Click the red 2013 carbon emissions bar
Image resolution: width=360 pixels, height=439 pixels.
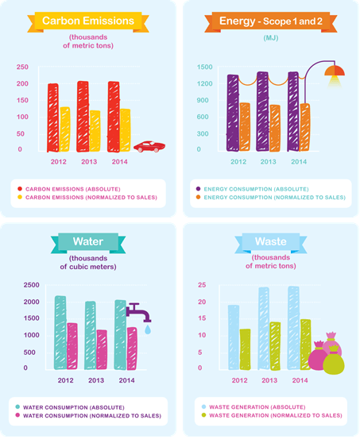(x=83, y=117)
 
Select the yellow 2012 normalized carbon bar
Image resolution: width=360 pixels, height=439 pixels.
(x=64, y=129)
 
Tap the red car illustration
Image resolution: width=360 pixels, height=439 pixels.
(x=149, y=146)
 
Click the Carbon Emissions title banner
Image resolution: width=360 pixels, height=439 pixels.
(x=88, y=21)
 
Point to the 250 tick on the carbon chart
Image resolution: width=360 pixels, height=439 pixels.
(x=22, y=67)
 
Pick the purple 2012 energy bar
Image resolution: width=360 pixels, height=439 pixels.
(x=233, y=113)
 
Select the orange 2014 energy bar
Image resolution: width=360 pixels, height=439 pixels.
(x=304, y=127)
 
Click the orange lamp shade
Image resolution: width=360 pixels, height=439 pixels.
(x=335, y=71)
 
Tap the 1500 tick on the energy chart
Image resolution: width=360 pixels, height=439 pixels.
(x=205, y=67)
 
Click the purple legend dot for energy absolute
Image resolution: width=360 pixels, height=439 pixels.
(x=198, y=189)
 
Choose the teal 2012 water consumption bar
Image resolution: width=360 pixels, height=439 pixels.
(x=60, y=333)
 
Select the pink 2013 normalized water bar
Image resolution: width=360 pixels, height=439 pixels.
(x=102, y=349)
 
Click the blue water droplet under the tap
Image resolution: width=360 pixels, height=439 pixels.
(x=148, y=329)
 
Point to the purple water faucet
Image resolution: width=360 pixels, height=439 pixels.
(x=138, y=312)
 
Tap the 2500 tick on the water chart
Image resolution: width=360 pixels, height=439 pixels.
(x=32, y=285)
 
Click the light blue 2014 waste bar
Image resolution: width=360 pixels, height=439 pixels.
(x=293, y=328)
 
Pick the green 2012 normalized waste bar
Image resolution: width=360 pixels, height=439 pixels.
(x=246, y=349)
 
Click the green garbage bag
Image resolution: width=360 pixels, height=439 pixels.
(x=333, y=360)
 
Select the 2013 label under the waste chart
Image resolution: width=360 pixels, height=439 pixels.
(x=269, y=380)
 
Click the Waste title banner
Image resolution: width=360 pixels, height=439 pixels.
(x=271, y=242)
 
